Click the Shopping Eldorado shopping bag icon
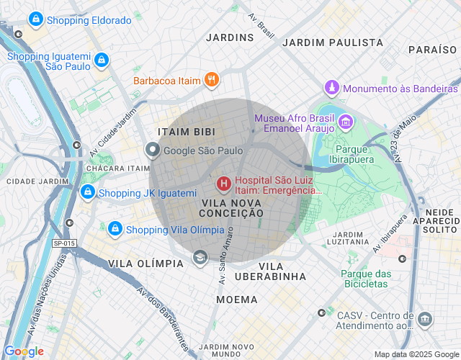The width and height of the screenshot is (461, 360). pyautogui.click(x=35, y=20)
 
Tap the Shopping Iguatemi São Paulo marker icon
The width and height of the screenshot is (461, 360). pyautogui.click(x=102, y=60)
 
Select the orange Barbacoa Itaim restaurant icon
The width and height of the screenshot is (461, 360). pyautogui.click(x=211, y=80)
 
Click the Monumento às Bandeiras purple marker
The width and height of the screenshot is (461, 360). pyautogui.click(x=331, y=88)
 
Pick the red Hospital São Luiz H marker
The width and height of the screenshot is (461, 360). pyautogui.click(x=223, y=184)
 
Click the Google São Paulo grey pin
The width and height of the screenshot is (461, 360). pyautogui.click(x=153, y=150)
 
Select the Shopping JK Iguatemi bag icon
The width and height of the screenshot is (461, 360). pyautogui.click(x=87, y=192)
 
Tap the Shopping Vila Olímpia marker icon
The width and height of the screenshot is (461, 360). pyautogui.click(x=115, y=229)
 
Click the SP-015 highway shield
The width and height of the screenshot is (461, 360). pyautogui.click(x=64, y=243)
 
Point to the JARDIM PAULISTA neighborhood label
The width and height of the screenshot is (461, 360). pyautogui.click(x=332, y=42)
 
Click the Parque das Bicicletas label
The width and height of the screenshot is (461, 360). pyautogui.click(x=366, y=279)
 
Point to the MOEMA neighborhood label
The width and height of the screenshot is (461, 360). pyautogui.click(x=236, y=299)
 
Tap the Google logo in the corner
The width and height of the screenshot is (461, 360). pyautogui.click(x=24, y=351)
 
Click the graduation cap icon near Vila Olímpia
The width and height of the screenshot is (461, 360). pyautogui.click(x=200, y=257)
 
